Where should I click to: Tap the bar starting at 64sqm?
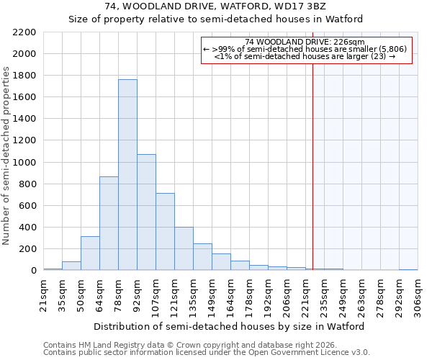109,223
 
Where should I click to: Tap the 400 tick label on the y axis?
27,228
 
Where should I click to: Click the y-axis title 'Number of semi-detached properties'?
7,156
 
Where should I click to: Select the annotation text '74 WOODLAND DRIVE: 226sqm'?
305,42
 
